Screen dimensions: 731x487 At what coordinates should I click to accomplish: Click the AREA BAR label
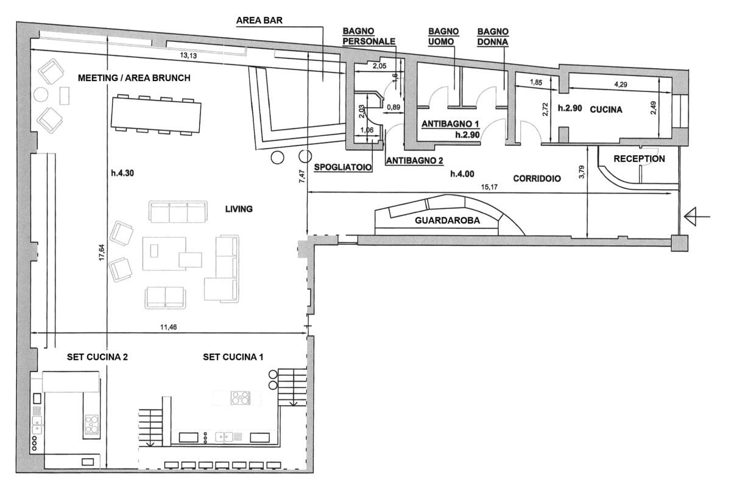pyautogui.click(x=260, y=20)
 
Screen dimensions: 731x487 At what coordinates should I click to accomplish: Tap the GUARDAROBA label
pyautogui.click(x=447, y=220)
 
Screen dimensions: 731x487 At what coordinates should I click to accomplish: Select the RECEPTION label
pyautogui.click(x=639, y=159)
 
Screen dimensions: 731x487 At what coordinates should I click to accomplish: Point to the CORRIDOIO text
pyautogui.click(x=537, y=178)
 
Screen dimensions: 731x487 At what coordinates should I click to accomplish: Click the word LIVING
pyautogui.click(x=239, y=209)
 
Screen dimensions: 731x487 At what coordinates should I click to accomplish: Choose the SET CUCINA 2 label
pyautogui.click(x=97, y=357)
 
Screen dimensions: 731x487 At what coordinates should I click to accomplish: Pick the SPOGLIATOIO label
pyautogui.click(x=342, y=167)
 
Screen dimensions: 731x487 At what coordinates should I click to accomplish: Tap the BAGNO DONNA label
pyautogui.click(x=493, y=37)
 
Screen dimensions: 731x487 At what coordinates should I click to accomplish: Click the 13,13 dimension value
pyautogui.click(x=189, y=55)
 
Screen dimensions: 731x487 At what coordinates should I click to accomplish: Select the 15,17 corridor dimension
pyautogui.click(x=489, y=187)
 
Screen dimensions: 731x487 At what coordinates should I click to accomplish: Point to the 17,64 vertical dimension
pyautogui.click(x=102, y=252)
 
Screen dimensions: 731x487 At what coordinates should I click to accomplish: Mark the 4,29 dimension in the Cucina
pyautogui.click(x=621, y=85)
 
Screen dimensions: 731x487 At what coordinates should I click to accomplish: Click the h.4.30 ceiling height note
pyautogui.click(x=122, y=173)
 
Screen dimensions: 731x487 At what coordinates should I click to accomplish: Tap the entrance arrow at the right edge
pyautogui.click(x=697, y=217)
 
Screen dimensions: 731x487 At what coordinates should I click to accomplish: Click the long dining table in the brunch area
pyautogui.click(x=156, y=114)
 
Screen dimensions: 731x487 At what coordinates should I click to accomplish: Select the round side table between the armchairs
pyautogui.click(x=41, y=95)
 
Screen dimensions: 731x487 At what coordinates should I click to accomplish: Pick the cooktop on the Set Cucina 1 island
pyautogui.click(x=241, y=398)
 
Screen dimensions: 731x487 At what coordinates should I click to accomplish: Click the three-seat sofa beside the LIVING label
pyautogui.click(x=178, y=212)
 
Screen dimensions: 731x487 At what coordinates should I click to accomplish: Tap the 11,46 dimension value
pyautogui.click(x=168, y=327)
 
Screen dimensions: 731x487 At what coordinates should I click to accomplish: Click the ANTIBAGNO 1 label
pyautogui.click(x=450, y=124)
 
